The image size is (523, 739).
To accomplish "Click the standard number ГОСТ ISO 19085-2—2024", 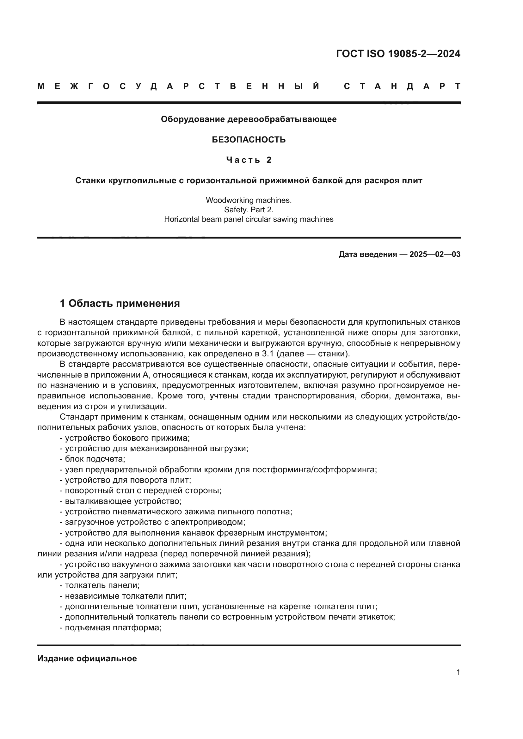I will pyautogui.click(x=398, y=54).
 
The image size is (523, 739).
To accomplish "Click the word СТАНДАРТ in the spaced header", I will pyautogui.click(x=402, y=86).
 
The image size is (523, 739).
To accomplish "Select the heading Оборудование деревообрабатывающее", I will pyautogui.click(x=249, y=119).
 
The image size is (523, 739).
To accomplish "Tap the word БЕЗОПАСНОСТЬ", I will pyautogui.click(x=249, y=140).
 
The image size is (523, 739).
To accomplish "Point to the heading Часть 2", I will pyautogui.click(x=249, y=160).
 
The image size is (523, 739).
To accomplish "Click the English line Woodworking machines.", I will pyautogui.click(x=249, y=200).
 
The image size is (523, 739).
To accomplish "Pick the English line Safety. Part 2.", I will pyautogui.click(x=249, y=210).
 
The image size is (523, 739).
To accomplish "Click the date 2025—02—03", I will pyautogui.click(x=435, y=254).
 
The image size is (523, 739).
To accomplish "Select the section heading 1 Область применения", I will pyautogui.click(x=120, y=303).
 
